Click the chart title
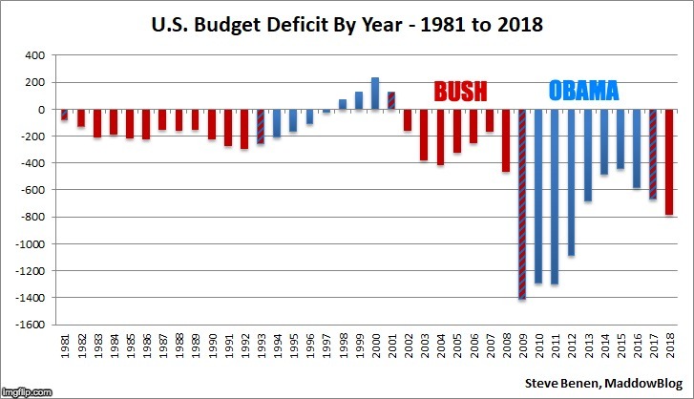[347, 25]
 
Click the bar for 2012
[573, 182]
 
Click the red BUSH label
[461, 92]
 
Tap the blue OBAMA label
[583, 92]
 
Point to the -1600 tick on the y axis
[32, 325]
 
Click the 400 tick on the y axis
[35, 55]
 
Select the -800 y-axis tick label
[33, 217]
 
